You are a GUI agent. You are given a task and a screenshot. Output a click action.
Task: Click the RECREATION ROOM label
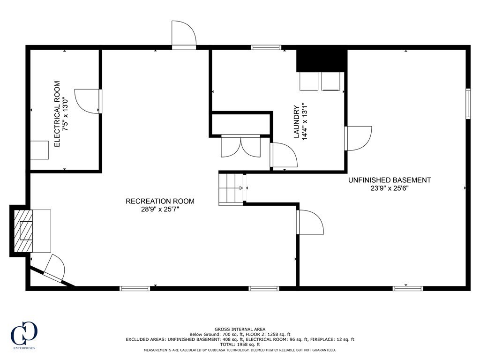coord(160,201)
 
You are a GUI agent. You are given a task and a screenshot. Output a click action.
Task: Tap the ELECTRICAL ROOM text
coord(57,114)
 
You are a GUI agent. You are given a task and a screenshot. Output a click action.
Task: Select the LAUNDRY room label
coord(296,121)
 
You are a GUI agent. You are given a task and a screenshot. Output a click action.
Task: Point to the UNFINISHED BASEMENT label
coord(389,180)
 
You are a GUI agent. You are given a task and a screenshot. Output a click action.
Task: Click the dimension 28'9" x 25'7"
coord(160,210)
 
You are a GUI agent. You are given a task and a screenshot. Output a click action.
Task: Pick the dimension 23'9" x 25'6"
coord(389,189)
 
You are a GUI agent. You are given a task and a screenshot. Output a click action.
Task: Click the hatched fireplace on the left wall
coord(23,231)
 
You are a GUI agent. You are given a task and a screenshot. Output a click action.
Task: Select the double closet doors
coord(240,146)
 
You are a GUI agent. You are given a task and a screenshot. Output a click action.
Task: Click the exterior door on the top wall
coord(184,36)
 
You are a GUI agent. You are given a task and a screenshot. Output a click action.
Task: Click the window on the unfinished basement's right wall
coord(467,103)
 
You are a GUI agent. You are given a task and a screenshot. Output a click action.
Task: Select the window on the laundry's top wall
coord(266,47)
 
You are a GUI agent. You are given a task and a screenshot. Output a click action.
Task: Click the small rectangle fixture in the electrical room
coord(39,150)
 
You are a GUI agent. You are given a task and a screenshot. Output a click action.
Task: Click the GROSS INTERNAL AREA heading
coord(240,329)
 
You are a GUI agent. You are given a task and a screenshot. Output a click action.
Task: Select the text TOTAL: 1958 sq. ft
coord(240,344)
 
